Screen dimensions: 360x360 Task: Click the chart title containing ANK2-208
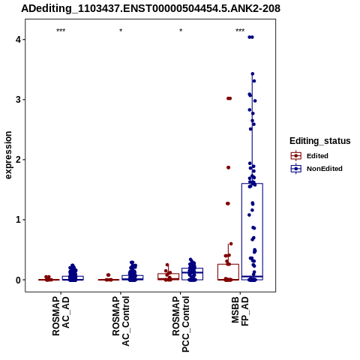(x=151, y=8)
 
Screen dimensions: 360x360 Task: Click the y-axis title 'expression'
(x=8, y=155)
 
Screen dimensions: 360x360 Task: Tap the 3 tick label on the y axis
(x=18, y=100)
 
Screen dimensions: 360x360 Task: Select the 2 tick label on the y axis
(x=18, y=160)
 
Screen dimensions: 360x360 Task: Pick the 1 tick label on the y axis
(x=18, y=220)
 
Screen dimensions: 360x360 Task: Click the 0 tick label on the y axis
(x=18, y=280)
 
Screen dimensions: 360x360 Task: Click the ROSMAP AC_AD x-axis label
(x=61, y=316)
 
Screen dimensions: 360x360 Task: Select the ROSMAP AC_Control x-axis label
(x=121, y=321)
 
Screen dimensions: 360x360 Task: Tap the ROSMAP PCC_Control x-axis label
(x=181, y=324)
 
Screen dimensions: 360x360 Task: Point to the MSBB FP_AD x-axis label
(x=241, y=311)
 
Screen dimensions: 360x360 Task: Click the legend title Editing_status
(x=320, y=141)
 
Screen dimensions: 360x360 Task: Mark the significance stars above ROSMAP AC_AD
(x=61, y=31)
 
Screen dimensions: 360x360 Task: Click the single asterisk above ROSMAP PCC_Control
(x=181, y=31)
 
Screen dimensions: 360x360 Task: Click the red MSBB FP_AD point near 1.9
(x=228, y=167)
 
